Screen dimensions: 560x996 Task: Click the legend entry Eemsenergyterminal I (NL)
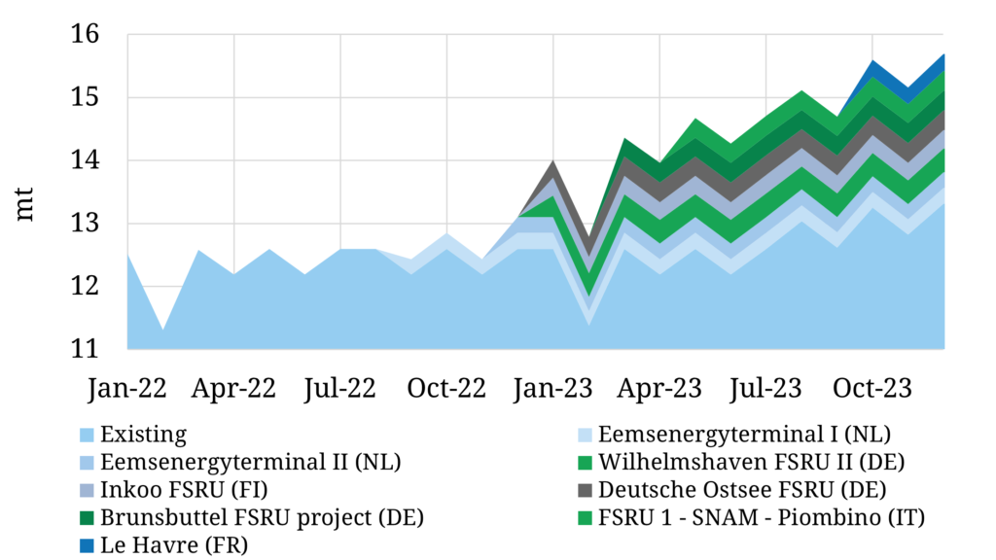click(744, 434)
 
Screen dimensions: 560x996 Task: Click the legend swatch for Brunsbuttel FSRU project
click(85, 517)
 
